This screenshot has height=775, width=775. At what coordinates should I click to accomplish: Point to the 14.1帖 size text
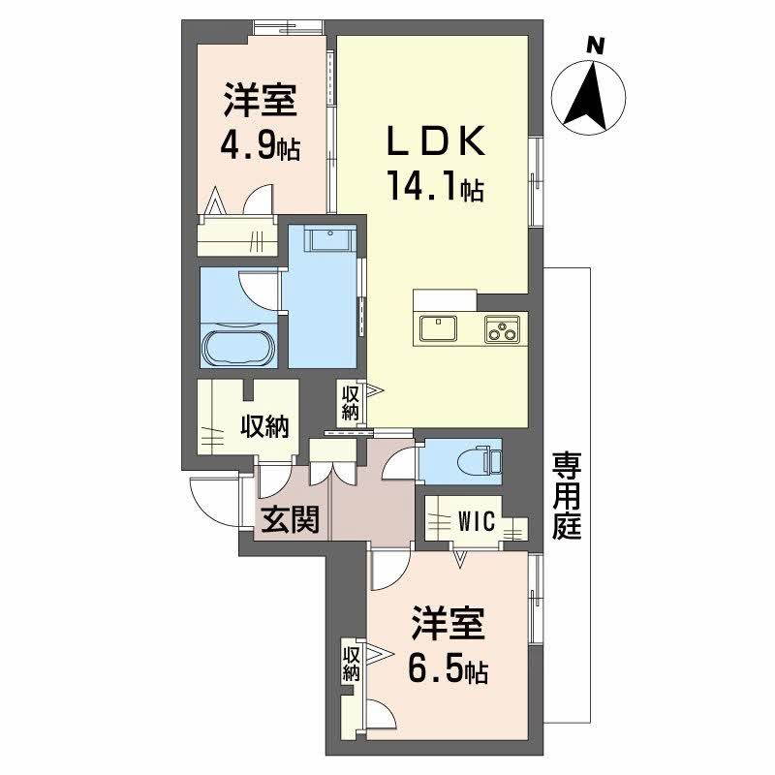[435, 185]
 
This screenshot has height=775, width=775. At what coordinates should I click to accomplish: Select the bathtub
[239, 344]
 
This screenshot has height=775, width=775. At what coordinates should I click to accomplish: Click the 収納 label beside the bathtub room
[263, 426]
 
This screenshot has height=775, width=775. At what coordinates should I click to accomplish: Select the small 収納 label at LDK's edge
[350, 402]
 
